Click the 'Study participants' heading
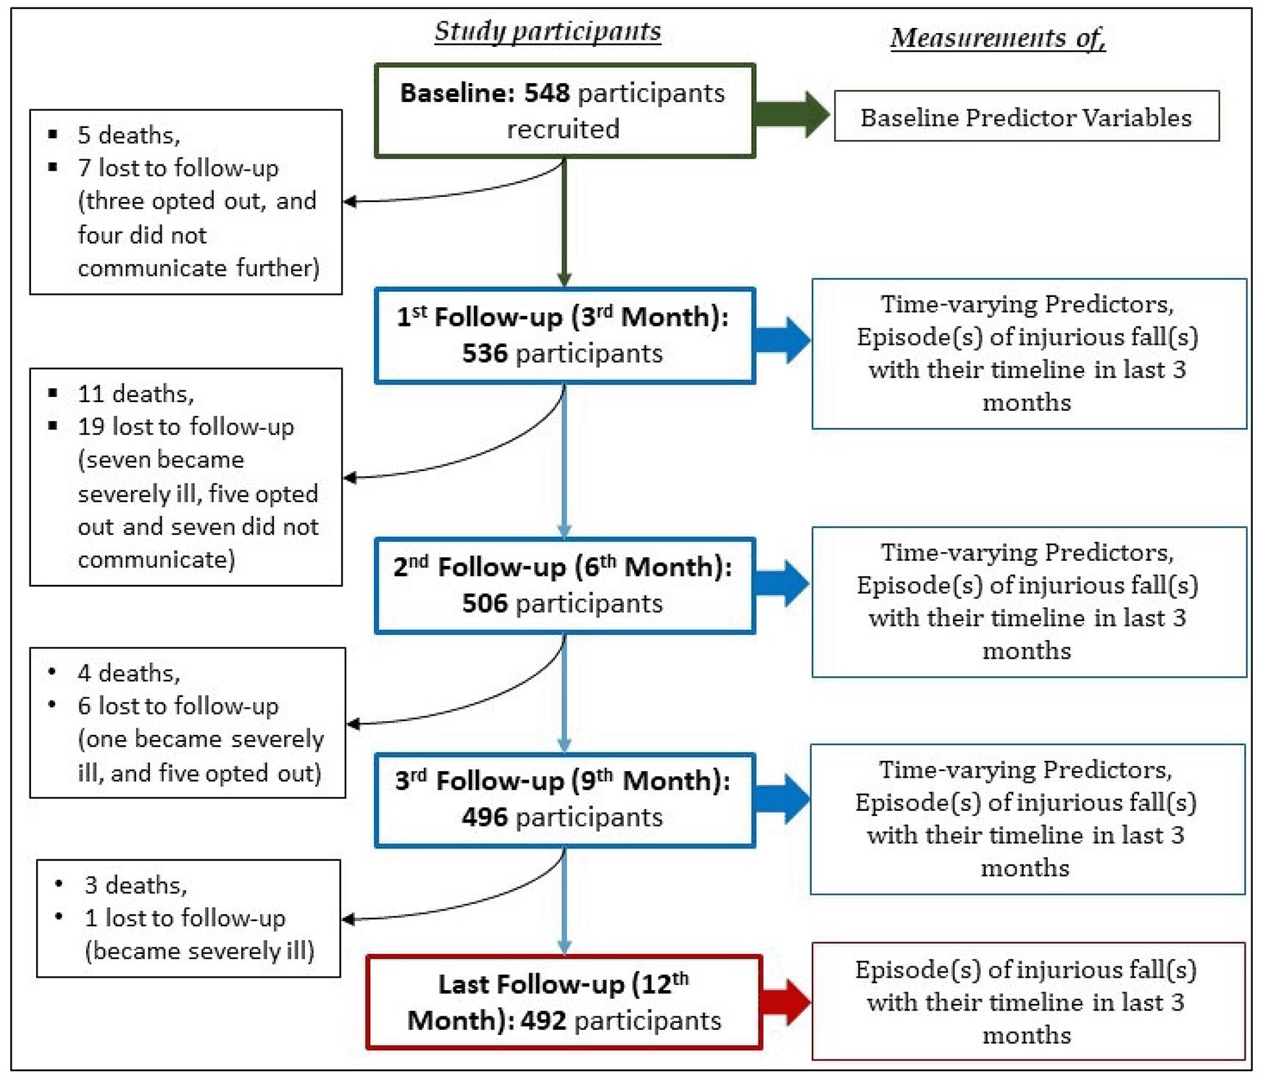click(547, 31)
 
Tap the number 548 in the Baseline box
click(547, 93)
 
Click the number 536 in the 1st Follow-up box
click(484, 354)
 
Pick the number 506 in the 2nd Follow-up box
click(484, 603)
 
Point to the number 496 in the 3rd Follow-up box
click(484, 817)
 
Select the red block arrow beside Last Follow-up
click(786, 1002)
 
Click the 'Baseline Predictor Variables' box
click(1026, 117)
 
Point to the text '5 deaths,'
click(129, 135)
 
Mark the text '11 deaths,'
click(136, 394)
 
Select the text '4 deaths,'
click(129, 673)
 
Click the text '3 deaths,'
click(136, 885)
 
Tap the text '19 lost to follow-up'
click(185, 427)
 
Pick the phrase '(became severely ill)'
click(199, 951)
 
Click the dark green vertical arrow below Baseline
click(564, 221)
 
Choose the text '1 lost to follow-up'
click(184, 918)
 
